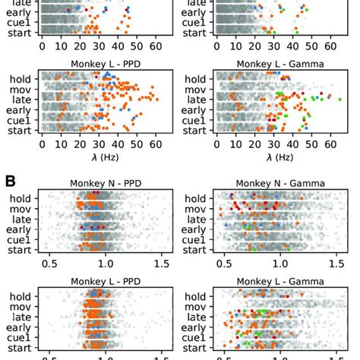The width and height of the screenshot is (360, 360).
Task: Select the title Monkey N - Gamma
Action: coord(270,182)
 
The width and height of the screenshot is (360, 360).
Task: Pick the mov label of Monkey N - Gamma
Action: coord(197,207)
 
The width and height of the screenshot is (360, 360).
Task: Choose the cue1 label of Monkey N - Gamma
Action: coord(196,238)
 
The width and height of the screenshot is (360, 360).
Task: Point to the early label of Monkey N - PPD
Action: coord(19,228)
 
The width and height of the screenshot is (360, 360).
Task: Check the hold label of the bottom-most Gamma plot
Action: coord(197,296)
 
